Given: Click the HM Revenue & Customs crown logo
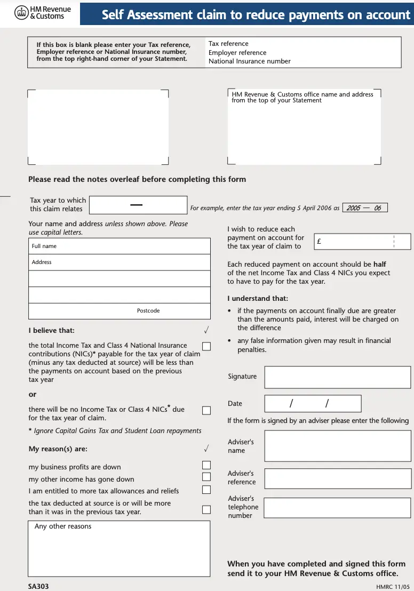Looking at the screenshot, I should pos(21,12).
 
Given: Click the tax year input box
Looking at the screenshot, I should pos(138,205).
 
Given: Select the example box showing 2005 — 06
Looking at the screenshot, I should pos(364,208).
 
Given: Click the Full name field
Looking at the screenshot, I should pos(120,246).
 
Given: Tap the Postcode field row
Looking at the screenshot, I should pos(120,311).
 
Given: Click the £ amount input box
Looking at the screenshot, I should pos(362,242).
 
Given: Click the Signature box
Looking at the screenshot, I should pos(337,377).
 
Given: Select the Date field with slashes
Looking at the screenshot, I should pos(313,403).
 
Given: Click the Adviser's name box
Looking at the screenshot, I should pos(337,446).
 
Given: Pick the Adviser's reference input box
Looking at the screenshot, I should pos(337,478).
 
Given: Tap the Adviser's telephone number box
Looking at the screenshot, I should pos(337,508).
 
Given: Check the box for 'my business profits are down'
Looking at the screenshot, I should pos(206,465).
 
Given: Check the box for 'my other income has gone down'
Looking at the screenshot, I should pos(206,477).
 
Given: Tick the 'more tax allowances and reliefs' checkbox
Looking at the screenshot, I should pos(206,490).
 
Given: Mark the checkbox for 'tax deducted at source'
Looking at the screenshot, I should pos(206,509).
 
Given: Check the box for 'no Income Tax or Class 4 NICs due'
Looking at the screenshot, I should pos(206,410).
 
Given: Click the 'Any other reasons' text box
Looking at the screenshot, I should pos(120,548).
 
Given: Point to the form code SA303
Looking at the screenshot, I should pos(39,586).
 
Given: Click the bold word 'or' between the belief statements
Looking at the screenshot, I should pos(33,395).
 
